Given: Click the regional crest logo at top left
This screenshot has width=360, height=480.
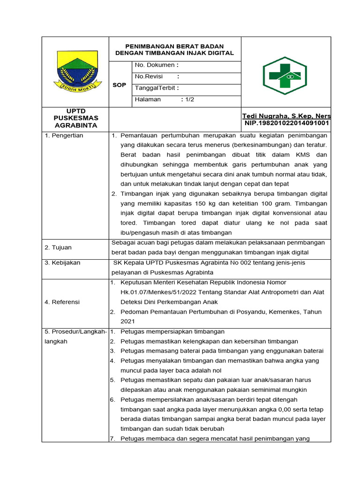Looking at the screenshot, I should (x=75, y=70).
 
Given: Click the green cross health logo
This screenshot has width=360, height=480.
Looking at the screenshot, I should (x=285, y=73).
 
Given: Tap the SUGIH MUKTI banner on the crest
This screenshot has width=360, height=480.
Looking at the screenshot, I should (x=75, y=85).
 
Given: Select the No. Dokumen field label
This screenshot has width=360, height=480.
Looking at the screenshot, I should (x=154, y=65).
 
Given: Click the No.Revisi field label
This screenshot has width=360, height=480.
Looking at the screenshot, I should (x=148, y=76).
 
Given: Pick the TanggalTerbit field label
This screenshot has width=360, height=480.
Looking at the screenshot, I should (x=155, y=88).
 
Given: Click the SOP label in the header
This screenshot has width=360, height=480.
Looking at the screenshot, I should (x=120, y=85).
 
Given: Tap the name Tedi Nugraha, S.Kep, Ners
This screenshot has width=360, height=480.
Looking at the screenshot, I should (x=286, y=116).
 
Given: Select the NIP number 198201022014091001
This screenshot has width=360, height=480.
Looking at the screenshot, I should (x=287, y=123).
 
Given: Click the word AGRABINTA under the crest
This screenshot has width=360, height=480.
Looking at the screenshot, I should (x=75, y=126).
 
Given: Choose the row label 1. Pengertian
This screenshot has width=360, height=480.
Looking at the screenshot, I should (x=64, y=135).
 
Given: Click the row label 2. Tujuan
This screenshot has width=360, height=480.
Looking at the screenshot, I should (x=58, y=247).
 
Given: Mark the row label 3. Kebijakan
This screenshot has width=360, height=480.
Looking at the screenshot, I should (x=62, y=262).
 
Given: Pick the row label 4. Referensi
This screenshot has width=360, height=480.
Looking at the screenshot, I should (x=62, y=302).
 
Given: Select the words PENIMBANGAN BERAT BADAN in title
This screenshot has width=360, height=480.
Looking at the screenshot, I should (x=174, y=46).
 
